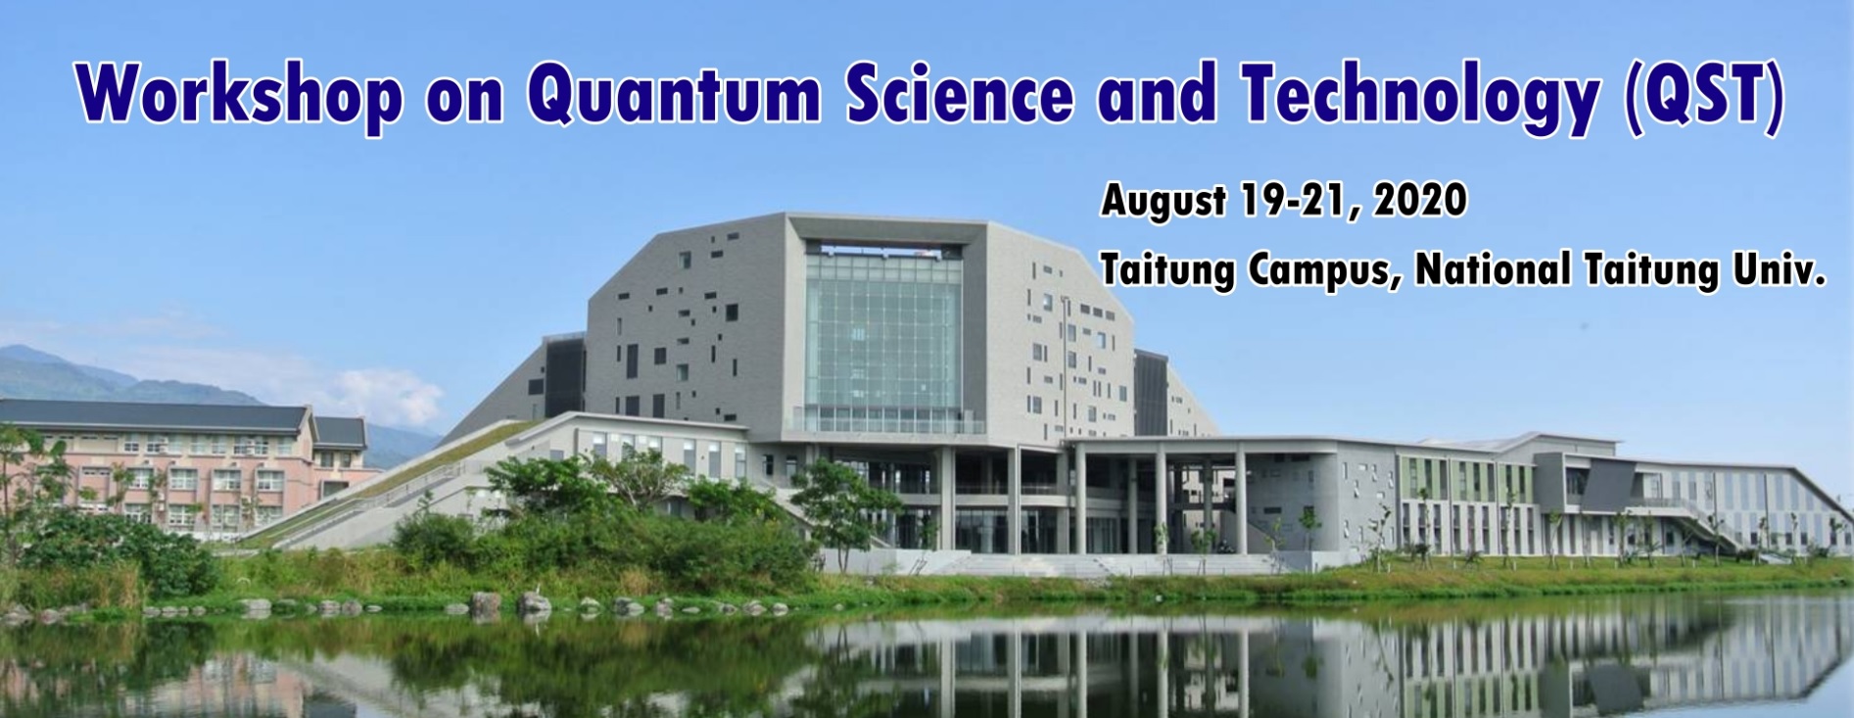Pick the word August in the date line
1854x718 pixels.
[x=1163, y=201]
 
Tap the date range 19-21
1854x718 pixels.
[x=1299, y=202]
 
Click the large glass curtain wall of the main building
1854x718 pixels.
[x=881, y=338]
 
